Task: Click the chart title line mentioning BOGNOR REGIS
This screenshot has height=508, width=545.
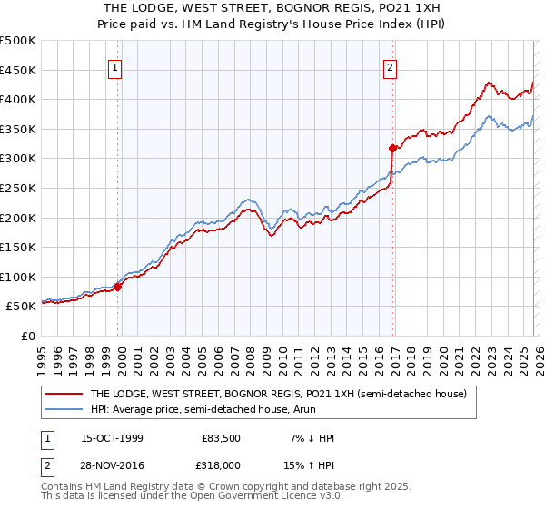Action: pyautogui.click(x=272, y=7)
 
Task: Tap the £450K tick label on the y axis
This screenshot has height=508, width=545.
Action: pyautogui.click(x=18, y=70)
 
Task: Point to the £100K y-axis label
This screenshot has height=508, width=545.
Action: pyautogui.click(x=18, y=277)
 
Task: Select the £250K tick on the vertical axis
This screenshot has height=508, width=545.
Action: pyautogui.click(x=18, y=188)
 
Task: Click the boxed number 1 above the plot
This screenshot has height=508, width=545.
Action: pyautogui.click(x=116, y=66)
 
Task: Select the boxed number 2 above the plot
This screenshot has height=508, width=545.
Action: pyautogui.click(x=390, y=66)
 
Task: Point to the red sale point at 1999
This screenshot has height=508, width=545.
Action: pyautogui.click(x=119, y=286)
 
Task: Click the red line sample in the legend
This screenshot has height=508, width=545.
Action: pyautogui.click(x=64, y=395)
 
